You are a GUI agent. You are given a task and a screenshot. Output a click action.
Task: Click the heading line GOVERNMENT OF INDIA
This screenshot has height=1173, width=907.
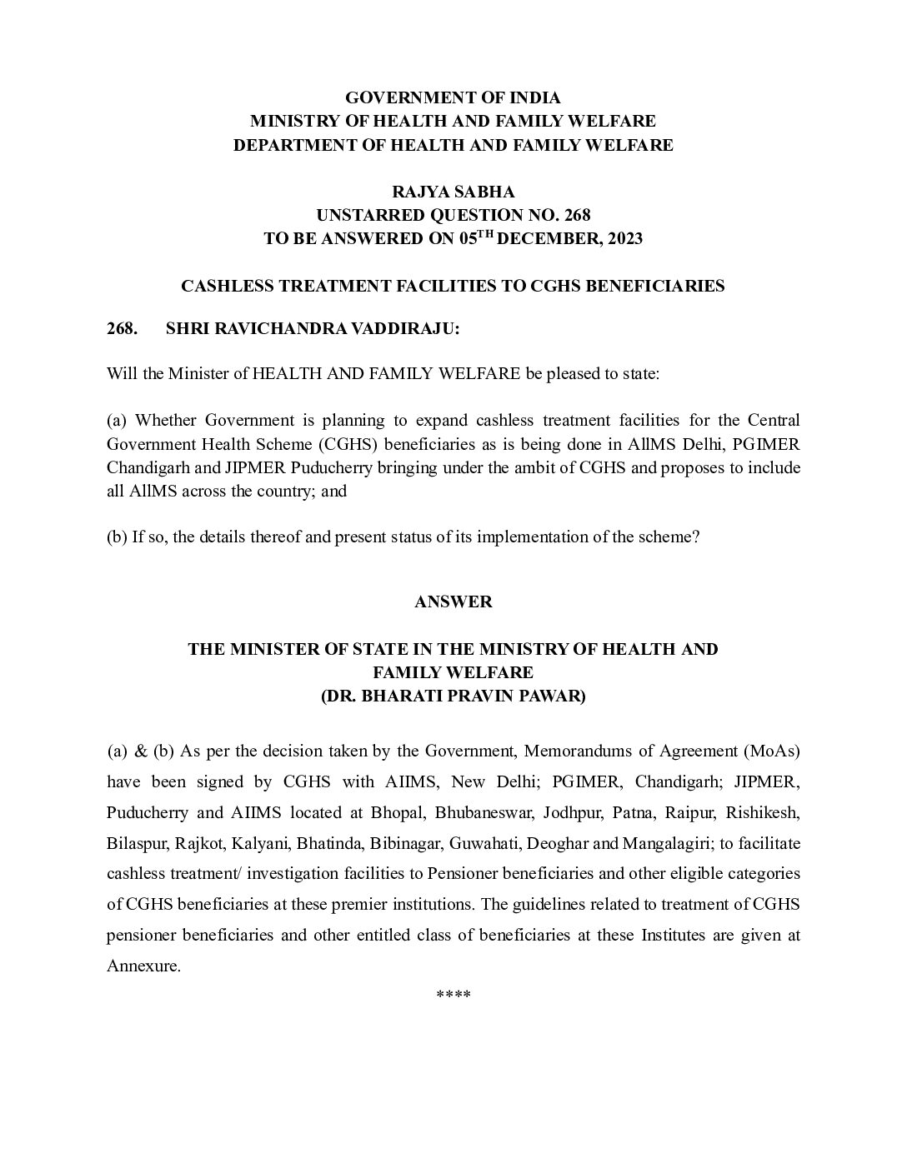point(453,98)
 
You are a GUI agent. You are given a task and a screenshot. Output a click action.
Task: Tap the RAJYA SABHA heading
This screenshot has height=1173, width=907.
point(453,192)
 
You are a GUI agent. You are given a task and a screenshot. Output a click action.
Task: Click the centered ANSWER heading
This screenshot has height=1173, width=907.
point(453,601)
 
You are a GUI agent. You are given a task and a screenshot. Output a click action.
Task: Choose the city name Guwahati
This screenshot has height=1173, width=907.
point(481,843)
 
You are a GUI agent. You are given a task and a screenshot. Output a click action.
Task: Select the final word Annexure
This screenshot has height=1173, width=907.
point(143,966)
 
